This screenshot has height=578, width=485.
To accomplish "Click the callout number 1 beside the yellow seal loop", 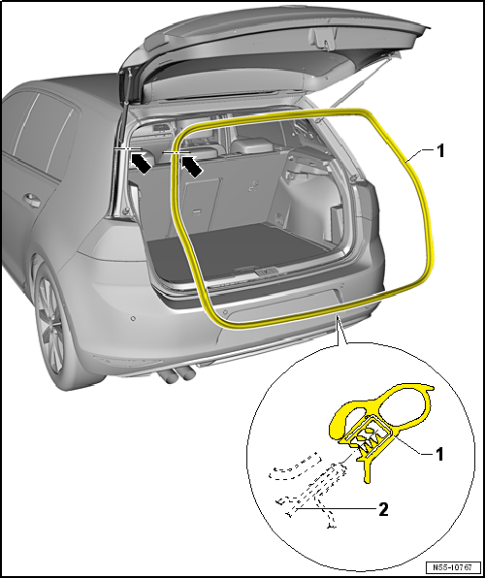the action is [x=440, y=151].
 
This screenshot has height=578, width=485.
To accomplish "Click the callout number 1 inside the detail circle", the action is [x=438, y=455].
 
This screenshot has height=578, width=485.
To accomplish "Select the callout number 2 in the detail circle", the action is [x=383, y=510].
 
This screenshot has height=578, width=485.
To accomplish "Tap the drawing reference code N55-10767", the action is [x=454, y=567].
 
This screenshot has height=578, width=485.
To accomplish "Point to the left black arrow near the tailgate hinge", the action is [x=141, y=163].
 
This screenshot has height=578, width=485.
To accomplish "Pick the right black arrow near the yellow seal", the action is [x=191, y=166].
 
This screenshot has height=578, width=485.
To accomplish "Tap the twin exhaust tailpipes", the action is [x=177, y=376].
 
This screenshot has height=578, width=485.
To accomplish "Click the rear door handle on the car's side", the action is [x=32, y=200].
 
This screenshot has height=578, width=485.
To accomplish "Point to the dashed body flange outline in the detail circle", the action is [x=307, y=487].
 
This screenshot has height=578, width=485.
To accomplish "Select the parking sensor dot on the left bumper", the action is [x=133, y=318].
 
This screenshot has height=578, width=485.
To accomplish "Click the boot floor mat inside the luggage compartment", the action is [x=240, y=249].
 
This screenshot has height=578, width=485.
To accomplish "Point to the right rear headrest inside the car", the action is [x=252, y=144].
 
